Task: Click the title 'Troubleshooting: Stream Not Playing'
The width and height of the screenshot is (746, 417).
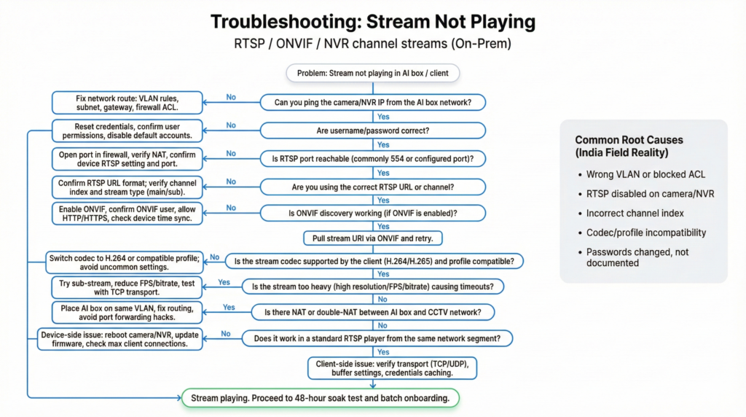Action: (x=372, y=22)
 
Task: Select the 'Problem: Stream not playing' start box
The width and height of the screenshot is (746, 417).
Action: (x=372, y=73)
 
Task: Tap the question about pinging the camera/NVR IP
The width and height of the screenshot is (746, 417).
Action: (x=372, y=103)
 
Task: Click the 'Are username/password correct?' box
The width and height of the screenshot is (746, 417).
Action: (x=372, y=130)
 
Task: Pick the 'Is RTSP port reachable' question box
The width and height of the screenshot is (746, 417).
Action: (x=372, y=158)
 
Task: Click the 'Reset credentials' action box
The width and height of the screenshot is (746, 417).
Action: (x=127, y=130)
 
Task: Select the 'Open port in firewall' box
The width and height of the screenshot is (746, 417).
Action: (x=127, y=158)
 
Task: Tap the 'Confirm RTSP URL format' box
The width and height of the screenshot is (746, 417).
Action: (x=127, y=187)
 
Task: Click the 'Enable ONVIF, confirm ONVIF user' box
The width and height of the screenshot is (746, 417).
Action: (x=127, y=214)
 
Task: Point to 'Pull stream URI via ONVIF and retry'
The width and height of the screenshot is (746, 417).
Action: (x=372, y=238)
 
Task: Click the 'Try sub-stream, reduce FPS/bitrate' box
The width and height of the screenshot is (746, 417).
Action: (x=127, y=287)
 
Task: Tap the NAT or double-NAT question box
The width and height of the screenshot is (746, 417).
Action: (x=372, y=312)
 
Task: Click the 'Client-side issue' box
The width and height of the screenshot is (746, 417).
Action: (x=392, y=367)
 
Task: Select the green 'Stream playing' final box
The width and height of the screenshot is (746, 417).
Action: (x=320, y=398)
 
